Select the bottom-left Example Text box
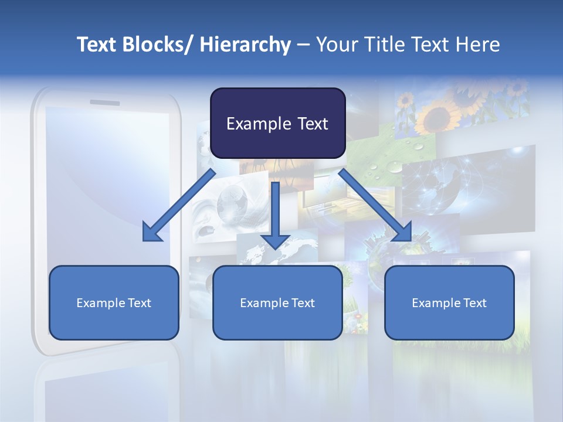pyautogui.click(x=113, y=302)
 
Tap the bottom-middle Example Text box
pyautogui.click(x=277, y=302)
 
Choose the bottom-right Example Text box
pyautogui.click(x=449, y=302)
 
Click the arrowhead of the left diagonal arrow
pyautogui.click(x=151, y=233)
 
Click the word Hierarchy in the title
pyautogui.click(x=245, y=45)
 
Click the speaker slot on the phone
pyautogui.click(x=105, y=103)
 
